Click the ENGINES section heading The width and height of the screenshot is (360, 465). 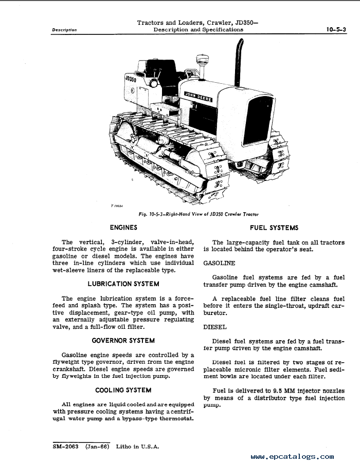click(123, 227)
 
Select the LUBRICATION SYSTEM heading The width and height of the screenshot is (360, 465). click(123, 284)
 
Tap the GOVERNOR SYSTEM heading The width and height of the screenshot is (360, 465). click(123, 340)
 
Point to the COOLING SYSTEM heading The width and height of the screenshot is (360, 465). click(123, 390)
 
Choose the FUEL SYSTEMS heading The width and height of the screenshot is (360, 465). click(274, 228)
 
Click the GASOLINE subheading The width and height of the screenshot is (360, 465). click(219, 263)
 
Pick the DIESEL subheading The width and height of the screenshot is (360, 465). click(215, 327)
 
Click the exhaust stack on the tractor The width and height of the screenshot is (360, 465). click(239, 62)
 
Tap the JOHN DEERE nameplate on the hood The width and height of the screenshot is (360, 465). click(204, 95)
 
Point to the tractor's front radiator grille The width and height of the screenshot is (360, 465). click(257, 121)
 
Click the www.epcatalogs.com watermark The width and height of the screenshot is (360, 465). click(293, 456)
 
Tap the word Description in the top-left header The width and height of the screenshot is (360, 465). click(64, 30)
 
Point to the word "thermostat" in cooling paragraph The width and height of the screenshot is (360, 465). click(175, 418)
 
